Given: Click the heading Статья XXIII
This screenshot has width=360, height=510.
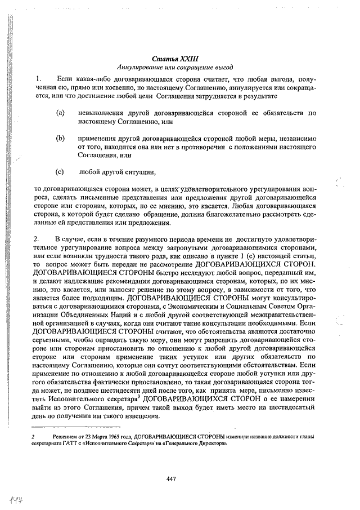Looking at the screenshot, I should click(x=175, y=58).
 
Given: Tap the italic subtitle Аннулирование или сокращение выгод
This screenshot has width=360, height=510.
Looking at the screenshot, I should click(x=175, y=66).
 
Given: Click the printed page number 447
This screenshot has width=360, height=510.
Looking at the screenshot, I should click(x=172, y=479).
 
